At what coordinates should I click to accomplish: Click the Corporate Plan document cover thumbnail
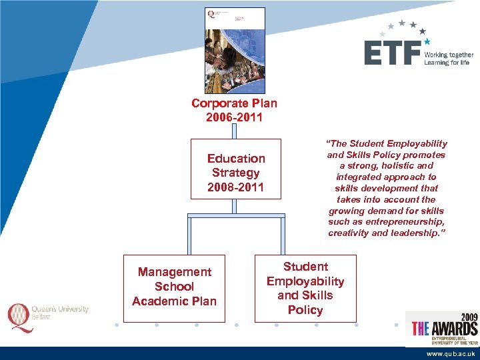click(234, 51)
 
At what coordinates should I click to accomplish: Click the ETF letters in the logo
click(392, 53)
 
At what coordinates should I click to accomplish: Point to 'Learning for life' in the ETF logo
click(447, 63)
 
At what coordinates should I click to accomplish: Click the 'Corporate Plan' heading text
click(234, 103)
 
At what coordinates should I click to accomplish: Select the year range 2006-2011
click(234, 118)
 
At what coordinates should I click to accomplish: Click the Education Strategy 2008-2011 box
click(235, 169)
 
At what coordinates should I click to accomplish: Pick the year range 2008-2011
click(235, 187)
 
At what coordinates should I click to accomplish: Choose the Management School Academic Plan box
click(174, 287)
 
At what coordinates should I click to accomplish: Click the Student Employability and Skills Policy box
click(305, 288)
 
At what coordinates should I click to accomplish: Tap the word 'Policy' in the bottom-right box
click(305, 310)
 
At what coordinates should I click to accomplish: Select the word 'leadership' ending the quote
click(417, 233)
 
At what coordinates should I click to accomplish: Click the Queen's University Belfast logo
click(48, 313)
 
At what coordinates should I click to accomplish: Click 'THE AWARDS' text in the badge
click(444, 328)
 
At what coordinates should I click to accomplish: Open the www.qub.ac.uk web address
click(451, 354)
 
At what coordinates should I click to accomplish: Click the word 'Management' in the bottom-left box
click(174, 272)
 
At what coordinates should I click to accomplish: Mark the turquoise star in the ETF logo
click(427, 41)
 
